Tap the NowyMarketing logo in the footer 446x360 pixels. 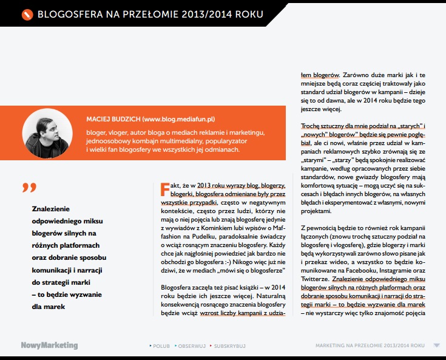(49, 345)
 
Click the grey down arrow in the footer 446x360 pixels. (436, 345)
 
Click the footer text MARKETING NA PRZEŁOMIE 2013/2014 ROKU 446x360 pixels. (370, 345)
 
